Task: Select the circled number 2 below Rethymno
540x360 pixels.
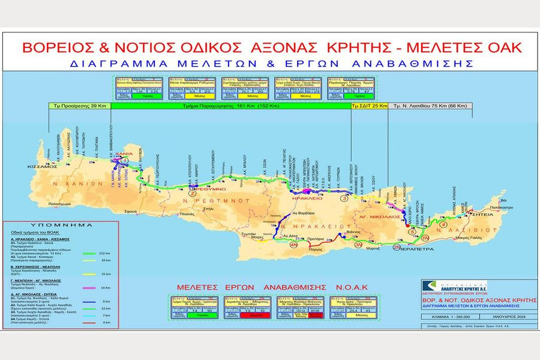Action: (191, 193)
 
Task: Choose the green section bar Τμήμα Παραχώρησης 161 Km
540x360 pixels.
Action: (231, 105)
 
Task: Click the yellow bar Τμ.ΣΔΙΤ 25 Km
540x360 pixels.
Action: (368, 105)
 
